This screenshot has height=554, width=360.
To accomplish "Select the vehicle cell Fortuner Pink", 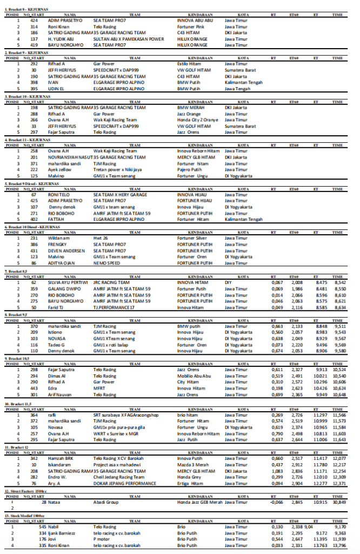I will [x=190, y=26].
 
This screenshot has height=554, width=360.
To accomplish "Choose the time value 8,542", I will [x=340, y=282].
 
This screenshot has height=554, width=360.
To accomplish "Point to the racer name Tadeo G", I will [x=56, y=345].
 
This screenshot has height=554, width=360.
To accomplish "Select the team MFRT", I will [x=99, y=388].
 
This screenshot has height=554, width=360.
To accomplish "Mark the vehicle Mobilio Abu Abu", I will [x=194, y=375].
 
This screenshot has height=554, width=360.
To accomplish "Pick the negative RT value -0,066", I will [x=276, y=502].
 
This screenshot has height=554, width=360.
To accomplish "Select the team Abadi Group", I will [x=105, y=502].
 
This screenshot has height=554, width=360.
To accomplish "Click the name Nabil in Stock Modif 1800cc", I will [x=54, y=526].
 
